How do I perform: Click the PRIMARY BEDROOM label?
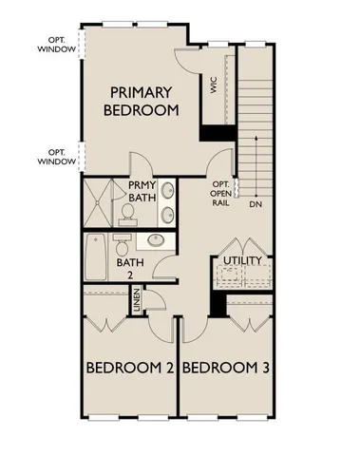tap(143, 101)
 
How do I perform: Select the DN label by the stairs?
tap(256, 202)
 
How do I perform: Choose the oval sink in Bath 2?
tap(157, 241)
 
